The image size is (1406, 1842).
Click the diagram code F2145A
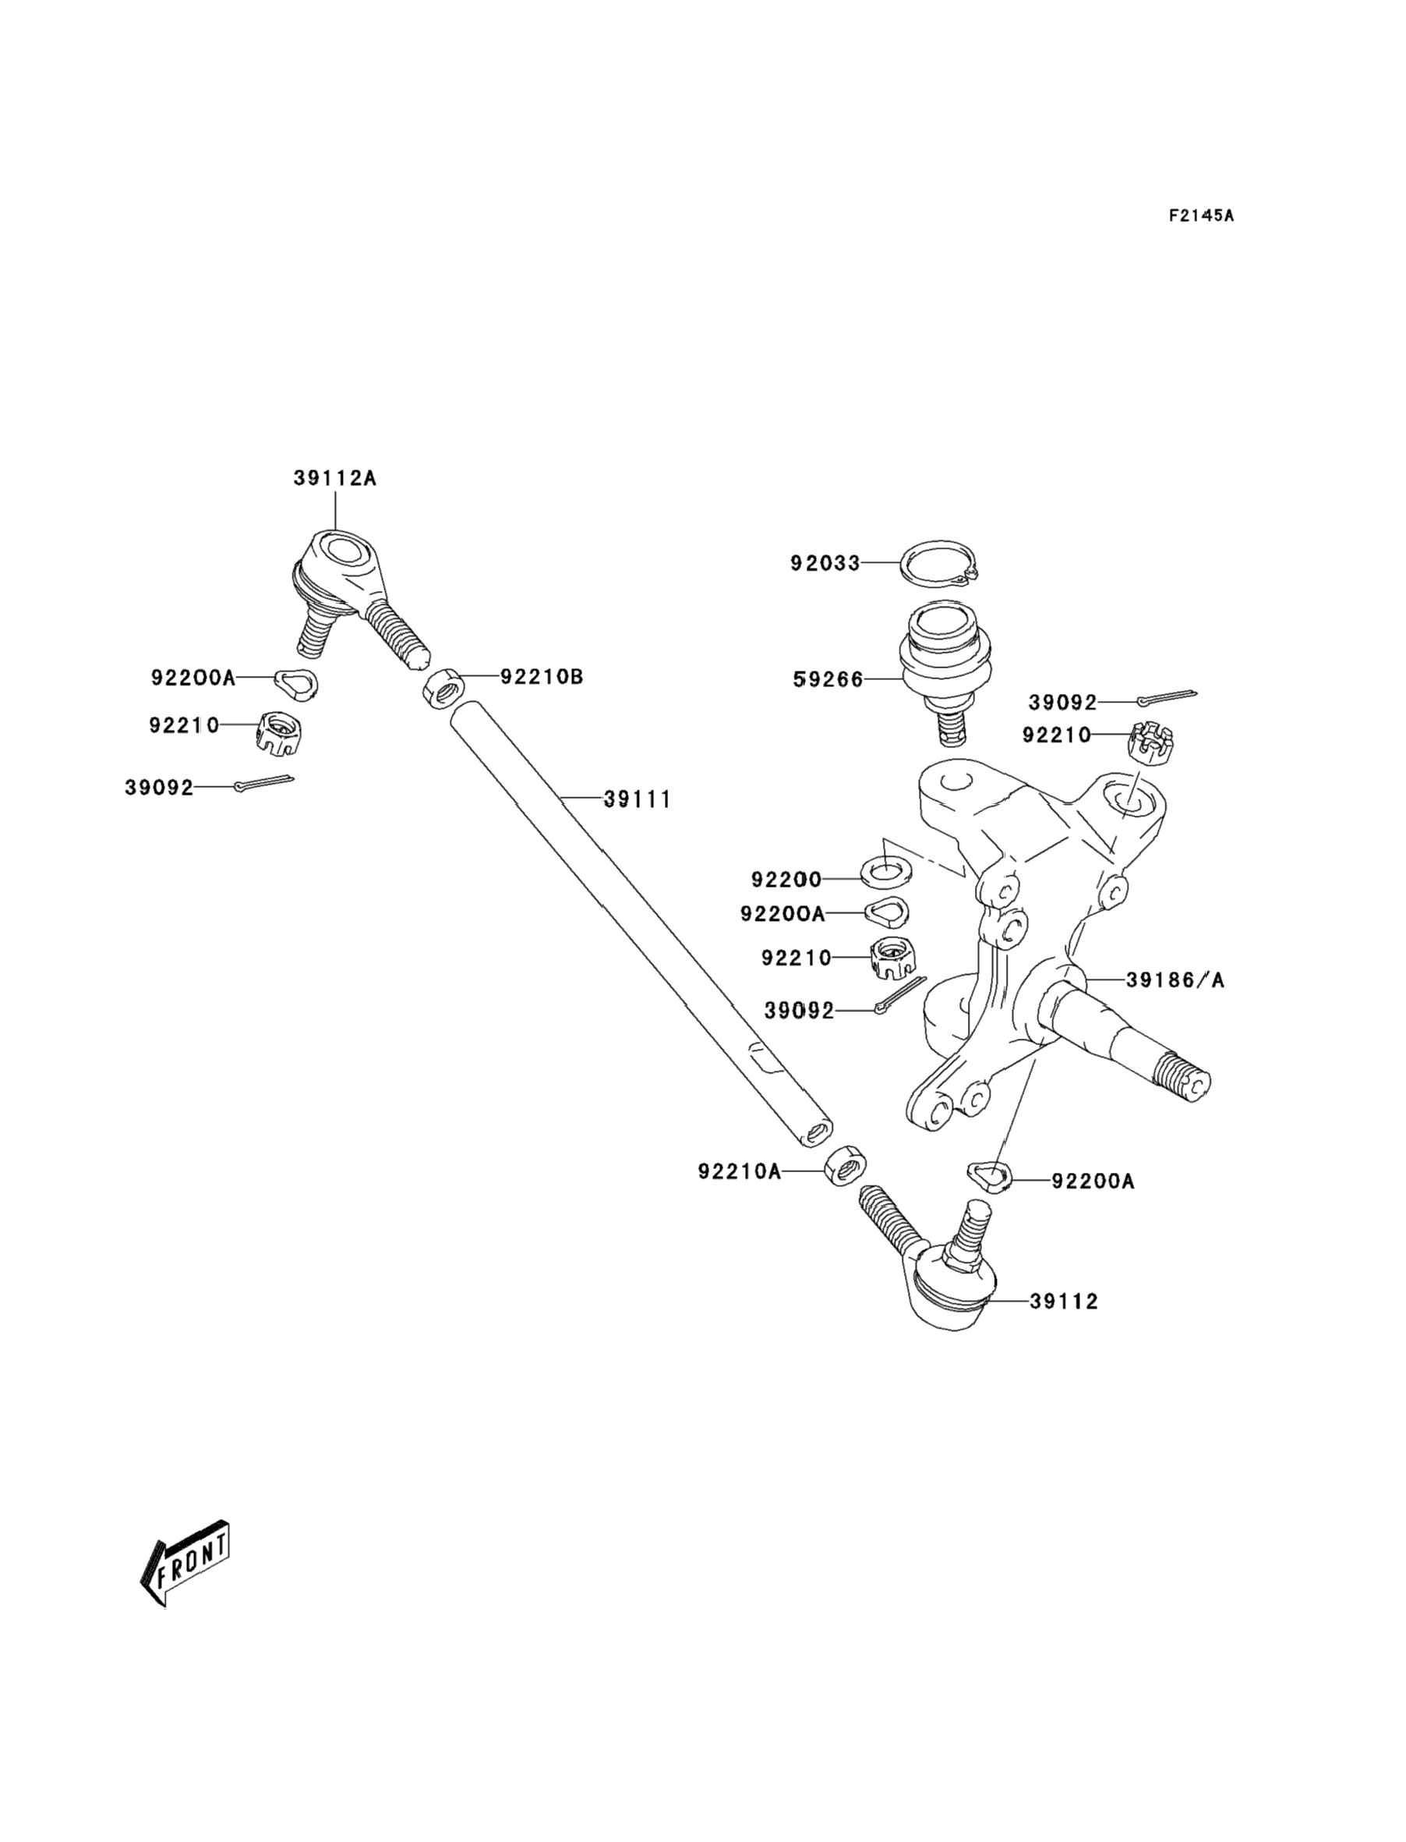coord(1201,215)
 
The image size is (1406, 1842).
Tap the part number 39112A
coord(335,478)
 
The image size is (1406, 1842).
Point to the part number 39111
coord(638,799)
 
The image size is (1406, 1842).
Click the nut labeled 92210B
coord(443,689)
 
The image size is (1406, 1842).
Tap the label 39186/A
coord(1175,979)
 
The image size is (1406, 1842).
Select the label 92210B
coord(542,676)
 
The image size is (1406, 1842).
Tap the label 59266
coord(828,679)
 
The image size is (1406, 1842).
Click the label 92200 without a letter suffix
coord(786,880)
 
